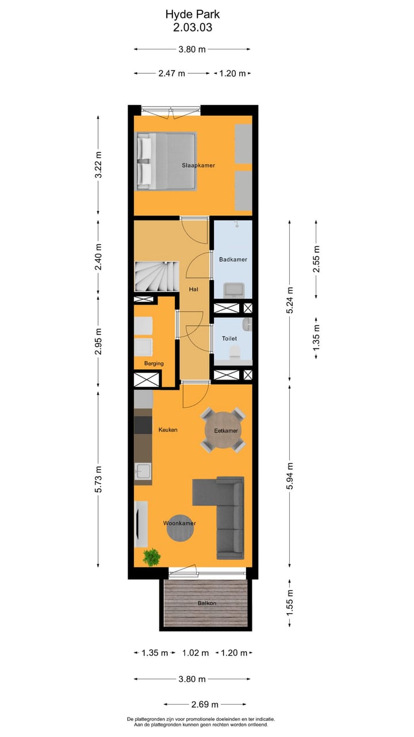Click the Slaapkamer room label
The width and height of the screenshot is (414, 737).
tap(198, 165)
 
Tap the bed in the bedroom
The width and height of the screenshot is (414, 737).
tap(166, 161)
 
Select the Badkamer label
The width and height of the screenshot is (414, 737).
tap(233, 260)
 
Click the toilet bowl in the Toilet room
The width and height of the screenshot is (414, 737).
tap(233, 352)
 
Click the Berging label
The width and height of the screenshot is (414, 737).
tap(154, 363)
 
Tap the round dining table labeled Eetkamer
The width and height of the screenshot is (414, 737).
tap(223, 430)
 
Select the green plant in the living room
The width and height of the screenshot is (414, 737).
tap(152, 557)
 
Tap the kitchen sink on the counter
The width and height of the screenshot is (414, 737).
tap(143, 473)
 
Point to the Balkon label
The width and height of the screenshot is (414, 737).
tap(207, 603)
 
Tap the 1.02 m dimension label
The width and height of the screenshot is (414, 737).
tap(195, 653)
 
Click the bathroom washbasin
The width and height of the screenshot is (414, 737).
tap(234, 289)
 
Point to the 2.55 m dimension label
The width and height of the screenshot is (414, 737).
tap(316, 259)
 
